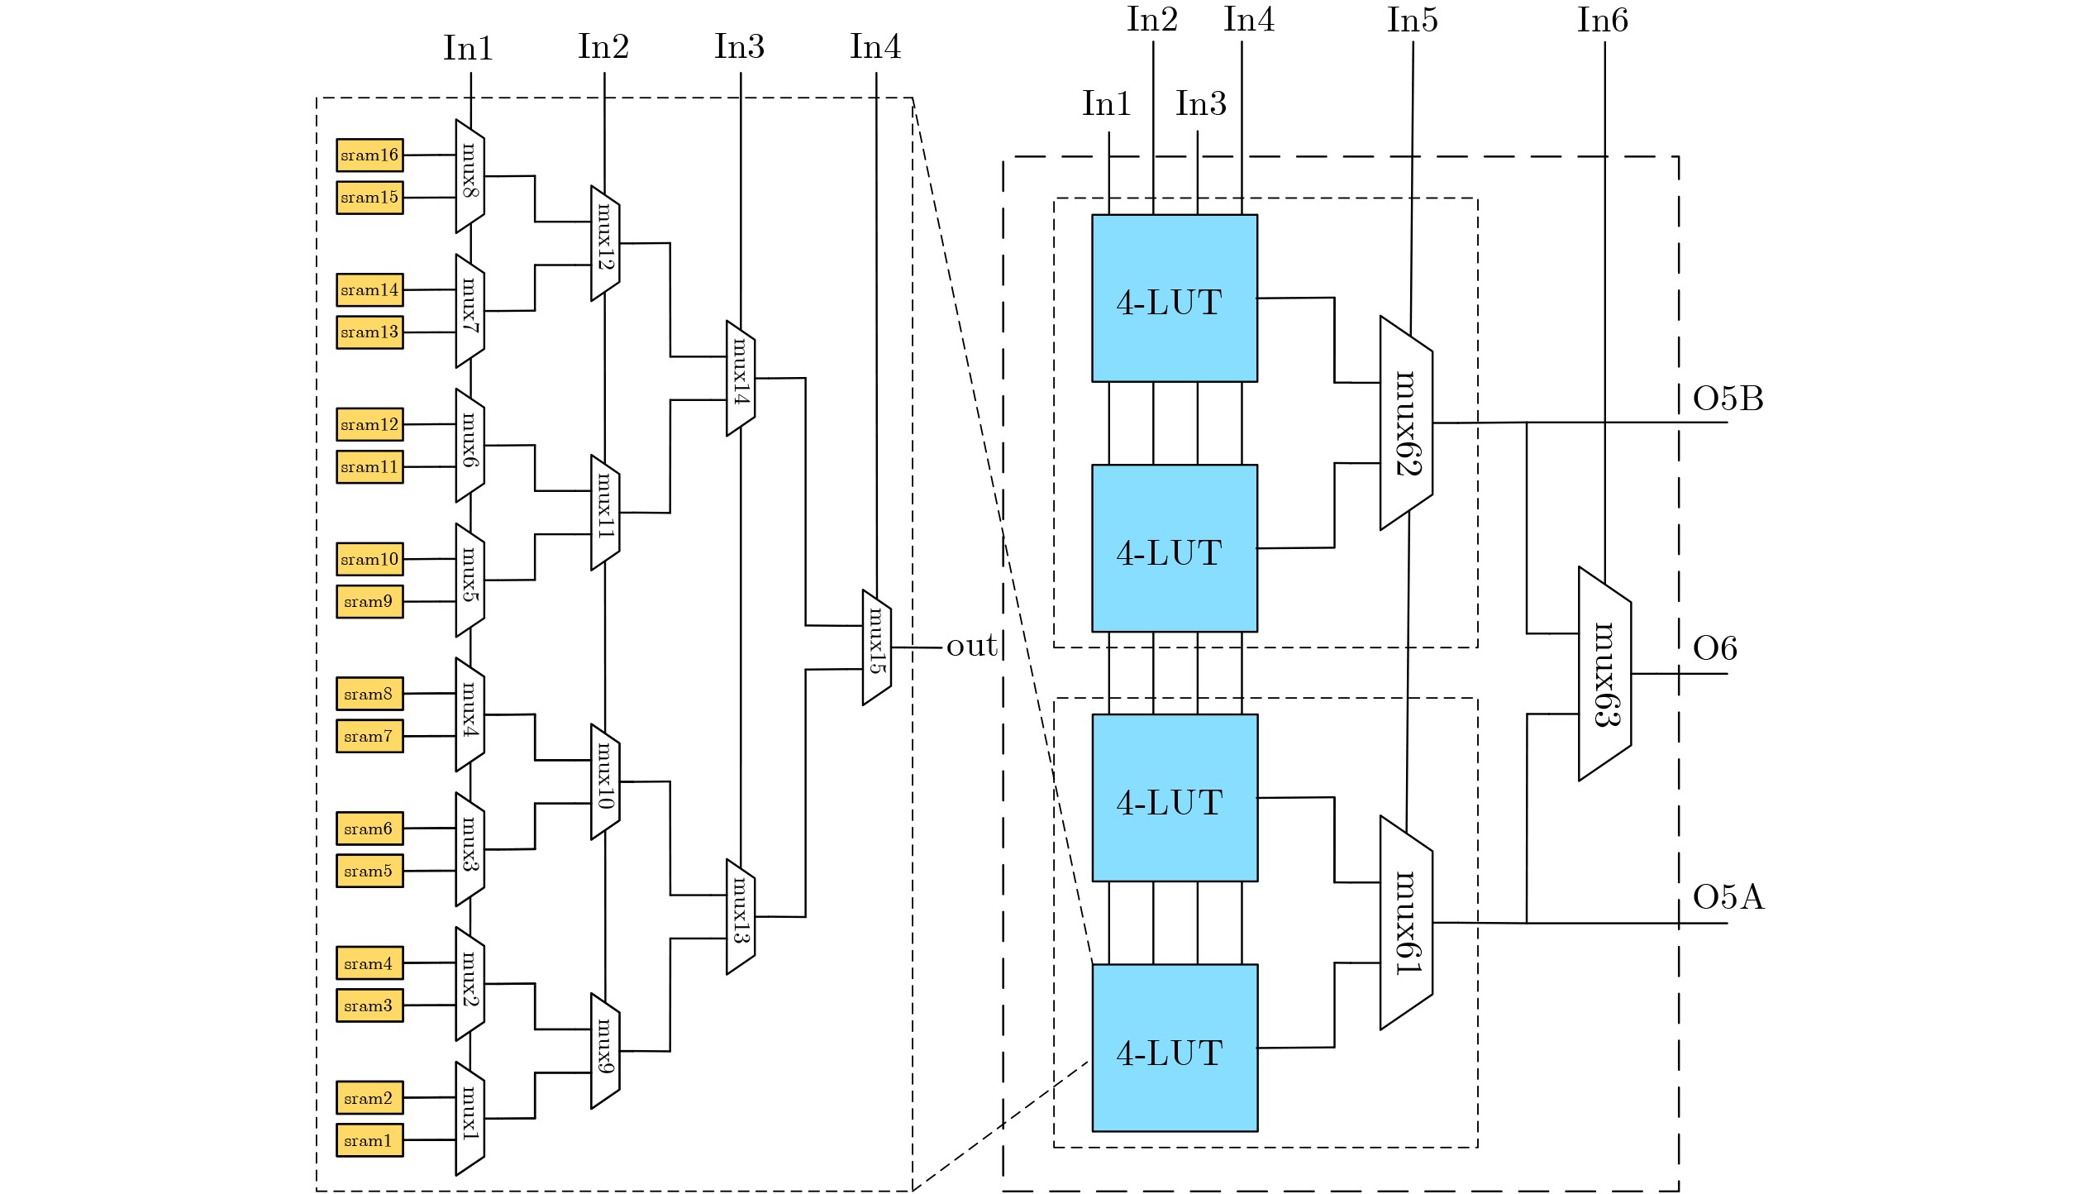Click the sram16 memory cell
click(x=369, y=155)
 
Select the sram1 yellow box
click(x=369, y=1140)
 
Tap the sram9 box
click(x=369, y=602)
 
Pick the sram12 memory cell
click(x=369, y=424)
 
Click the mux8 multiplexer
click(x=470, y=176)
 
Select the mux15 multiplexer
click(x=876, y=647)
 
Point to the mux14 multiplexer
click(x=741, y=378)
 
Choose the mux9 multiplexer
click(x=605, y=1051)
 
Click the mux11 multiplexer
click(x=605, y=513)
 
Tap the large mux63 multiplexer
click(x=1604, y=674)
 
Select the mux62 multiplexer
click(x=1406, y=423)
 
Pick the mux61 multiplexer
click(x=1406, y=923)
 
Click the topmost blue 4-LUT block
click(x=1175, y=298)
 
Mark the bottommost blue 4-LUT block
click(x=1175, y=1048)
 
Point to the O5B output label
click(x=1728, y=399)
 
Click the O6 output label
click(x=1714, y=649)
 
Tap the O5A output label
click(x=1728, y=897)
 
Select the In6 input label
click(x=1602, y=21)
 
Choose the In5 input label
click(x=1412, y=21)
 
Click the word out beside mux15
click(x=971, y=646)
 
